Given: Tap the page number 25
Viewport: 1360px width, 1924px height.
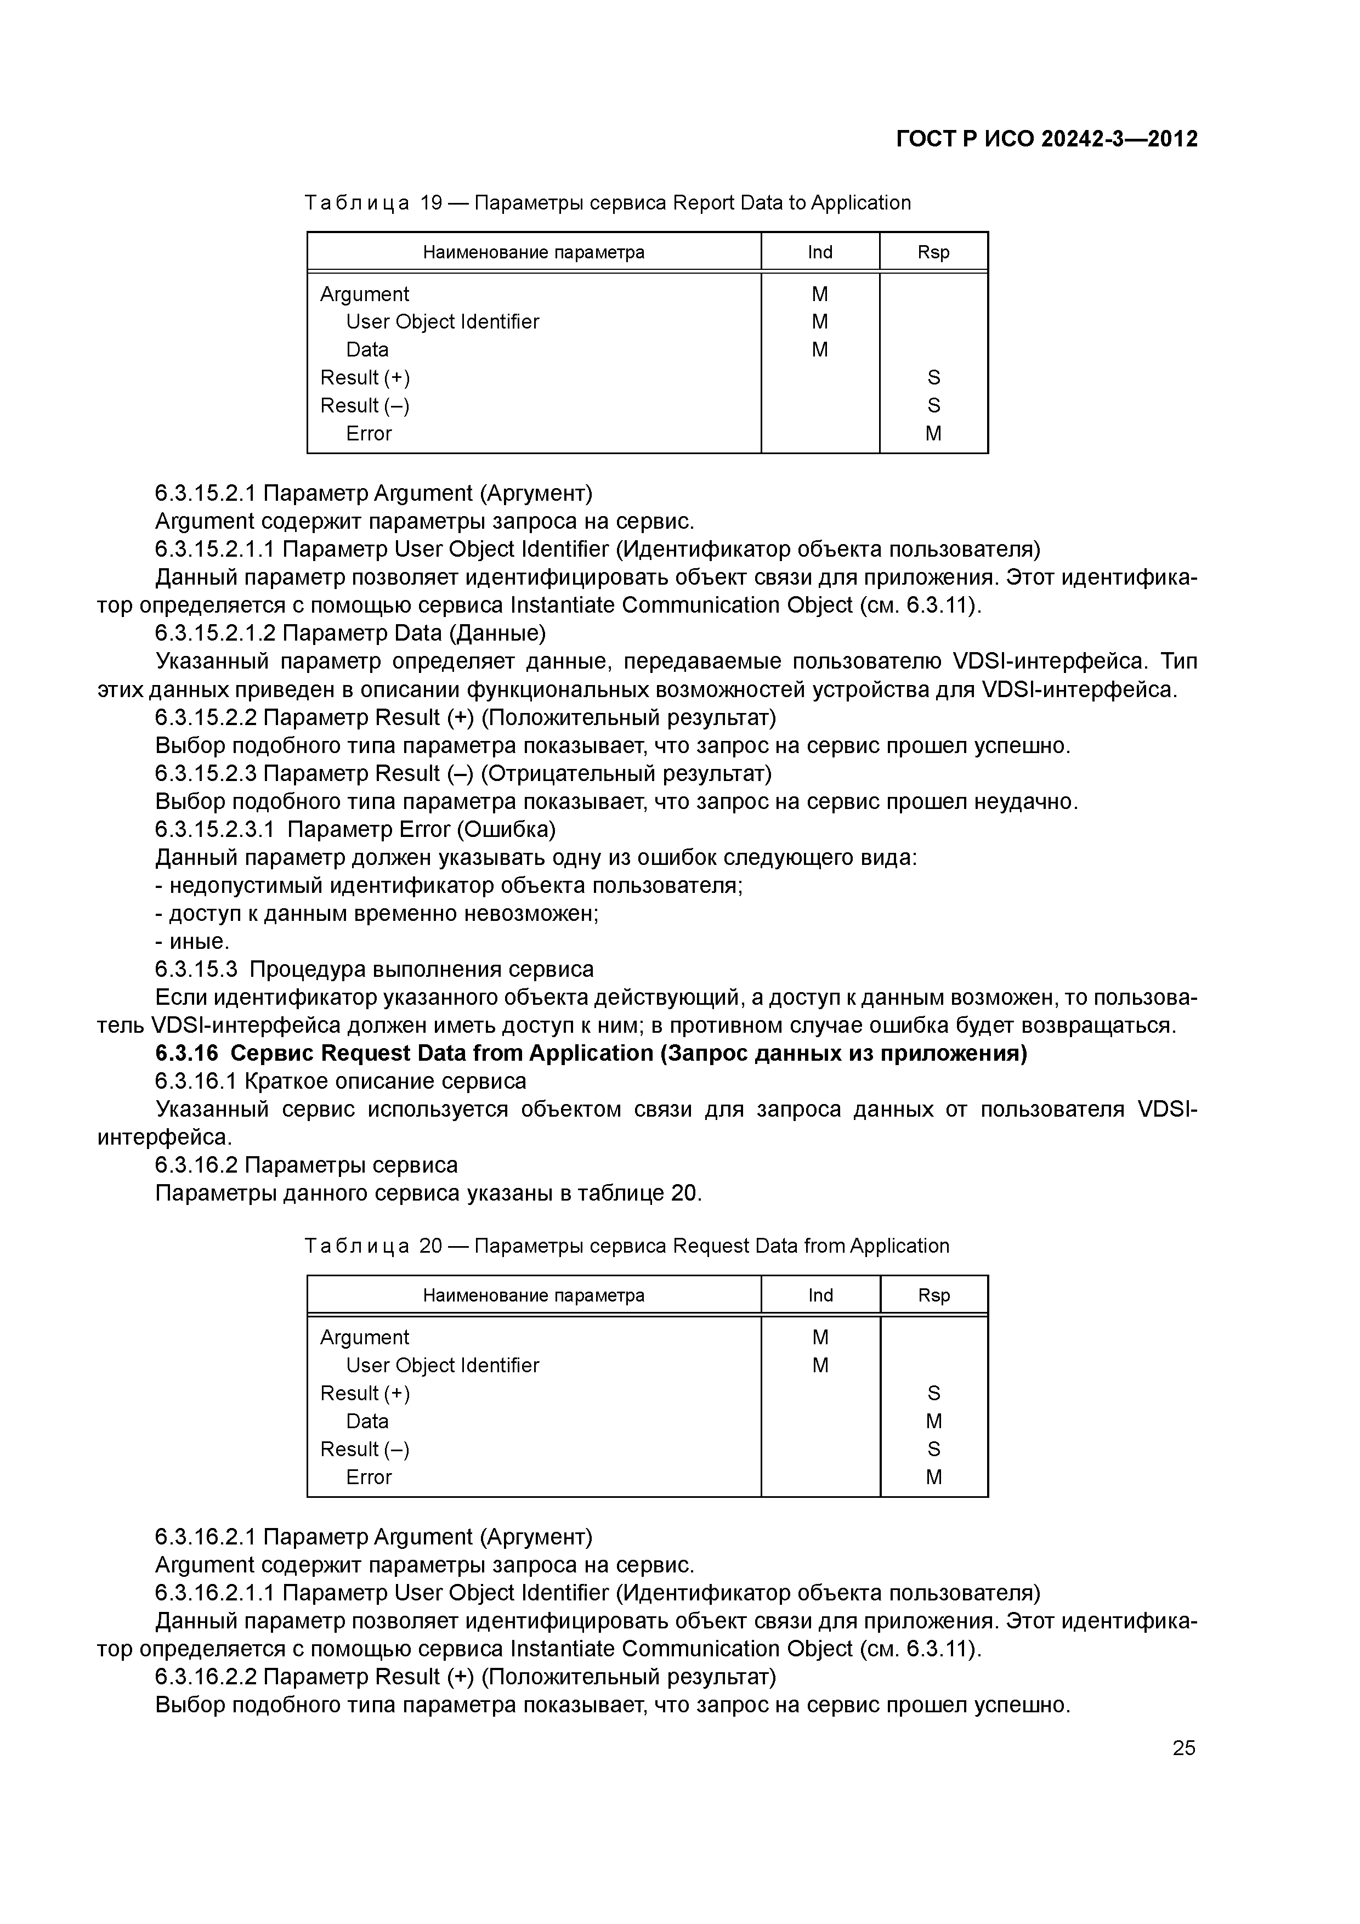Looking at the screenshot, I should click(x=1183, y=1747).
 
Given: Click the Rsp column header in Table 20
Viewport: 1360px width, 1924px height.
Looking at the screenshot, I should click(x=933, y=1295).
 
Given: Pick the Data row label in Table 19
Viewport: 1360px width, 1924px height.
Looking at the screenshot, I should click(x=367, y=349).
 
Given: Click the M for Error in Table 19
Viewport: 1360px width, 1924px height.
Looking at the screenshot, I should click(x=933, y=433).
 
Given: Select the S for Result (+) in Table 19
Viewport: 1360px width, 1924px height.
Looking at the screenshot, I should click(x=933, y=378).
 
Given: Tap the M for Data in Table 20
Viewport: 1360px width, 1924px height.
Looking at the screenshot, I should click(x=933, y=1421).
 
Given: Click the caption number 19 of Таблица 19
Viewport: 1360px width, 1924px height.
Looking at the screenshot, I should click(x=430, y=203).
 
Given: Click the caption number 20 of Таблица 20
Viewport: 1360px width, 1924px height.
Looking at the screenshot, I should click(x=430, y=1246).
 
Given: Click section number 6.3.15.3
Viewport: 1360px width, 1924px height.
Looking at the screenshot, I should click(x=196, y=970).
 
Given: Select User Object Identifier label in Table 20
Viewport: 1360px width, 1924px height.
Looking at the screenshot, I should click(x=443, y=1365).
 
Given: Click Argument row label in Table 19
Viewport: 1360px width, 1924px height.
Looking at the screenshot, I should click(x=365, y=294).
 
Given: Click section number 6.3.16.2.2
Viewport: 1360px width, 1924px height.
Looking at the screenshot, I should click(x=206, y=1677).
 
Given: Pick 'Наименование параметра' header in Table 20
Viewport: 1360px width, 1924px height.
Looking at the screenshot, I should click(x=533, y=1295).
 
